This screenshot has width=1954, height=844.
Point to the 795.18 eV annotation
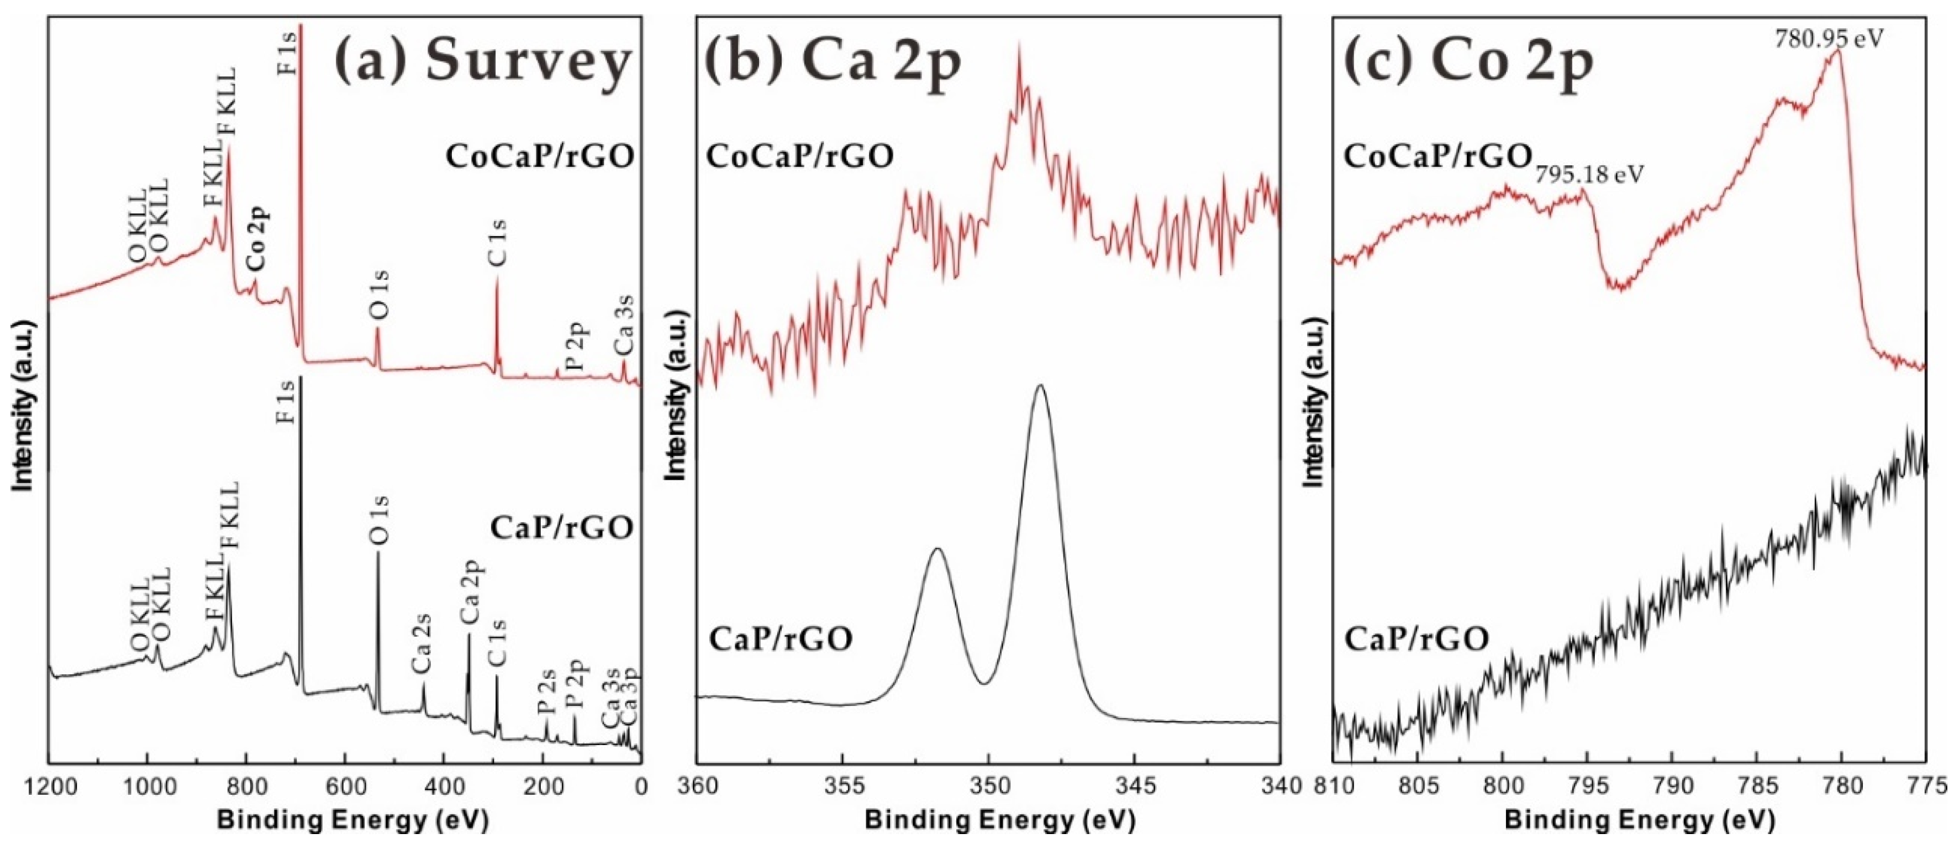[x=1590, y=175]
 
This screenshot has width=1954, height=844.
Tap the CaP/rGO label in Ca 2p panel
[x=781, y=638]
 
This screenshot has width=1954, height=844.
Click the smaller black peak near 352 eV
[x=938, y=549]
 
